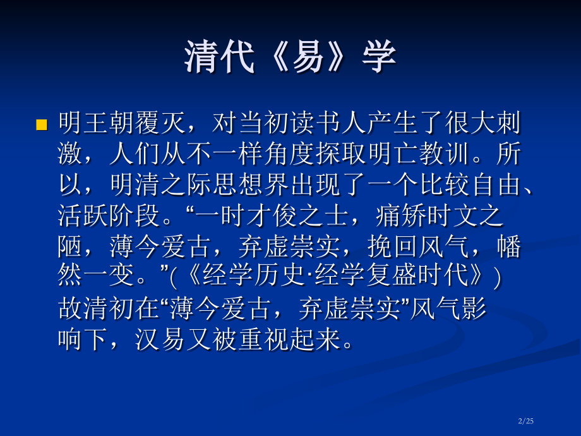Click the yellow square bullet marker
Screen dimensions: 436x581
point(42,124)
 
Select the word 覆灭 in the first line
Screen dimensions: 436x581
point(173,123)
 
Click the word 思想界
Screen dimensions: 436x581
point(250,185)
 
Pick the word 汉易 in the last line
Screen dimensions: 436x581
point(160,341)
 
